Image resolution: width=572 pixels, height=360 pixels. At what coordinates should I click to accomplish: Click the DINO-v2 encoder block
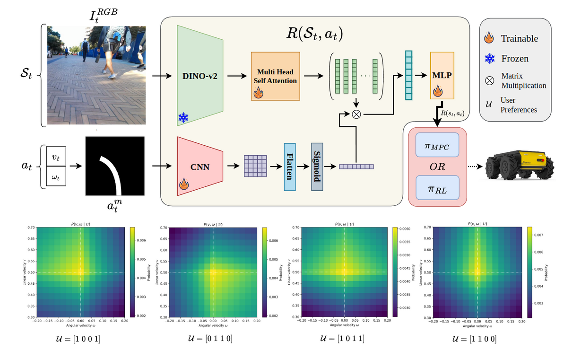200,76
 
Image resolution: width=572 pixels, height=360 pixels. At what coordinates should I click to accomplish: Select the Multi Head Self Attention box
275,76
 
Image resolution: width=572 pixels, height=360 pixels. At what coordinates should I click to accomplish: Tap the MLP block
442,76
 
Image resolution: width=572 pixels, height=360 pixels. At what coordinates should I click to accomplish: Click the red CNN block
200,167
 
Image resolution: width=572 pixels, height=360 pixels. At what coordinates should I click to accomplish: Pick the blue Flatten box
290,167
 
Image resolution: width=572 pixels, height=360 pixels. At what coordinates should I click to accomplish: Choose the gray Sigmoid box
317,167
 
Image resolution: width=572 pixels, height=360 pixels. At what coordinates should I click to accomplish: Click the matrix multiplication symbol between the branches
357,114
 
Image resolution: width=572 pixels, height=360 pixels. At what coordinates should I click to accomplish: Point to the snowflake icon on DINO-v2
183,118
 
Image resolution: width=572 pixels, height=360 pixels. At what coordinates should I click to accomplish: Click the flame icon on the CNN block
183,186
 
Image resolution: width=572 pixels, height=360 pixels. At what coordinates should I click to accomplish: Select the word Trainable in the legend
519,38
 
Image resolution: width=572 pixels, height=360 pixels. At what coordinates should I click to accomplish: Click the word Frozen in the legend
515,59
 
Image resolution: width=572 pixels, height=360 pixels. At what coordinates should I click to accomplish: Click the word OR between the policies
437,167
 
